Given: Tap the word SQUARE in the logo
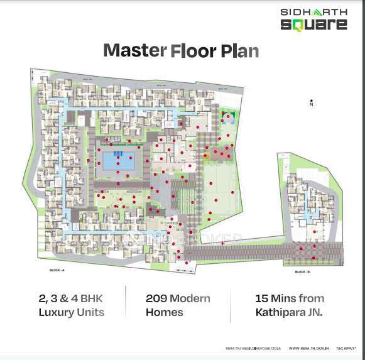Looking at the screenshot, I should coord(313,25).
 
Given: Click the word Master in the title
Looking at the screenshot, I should coord(130,50).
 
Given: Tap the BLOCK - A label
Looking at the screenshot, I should coord(57,270).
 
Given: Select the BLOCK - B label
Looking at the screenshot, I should coord(302,272).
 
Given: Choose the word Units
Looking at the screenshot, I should coord(89,312).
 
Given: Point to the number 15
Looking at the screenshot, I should coord(263,298).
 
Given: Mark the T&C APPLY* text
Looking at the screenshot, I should coord(346,347).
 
